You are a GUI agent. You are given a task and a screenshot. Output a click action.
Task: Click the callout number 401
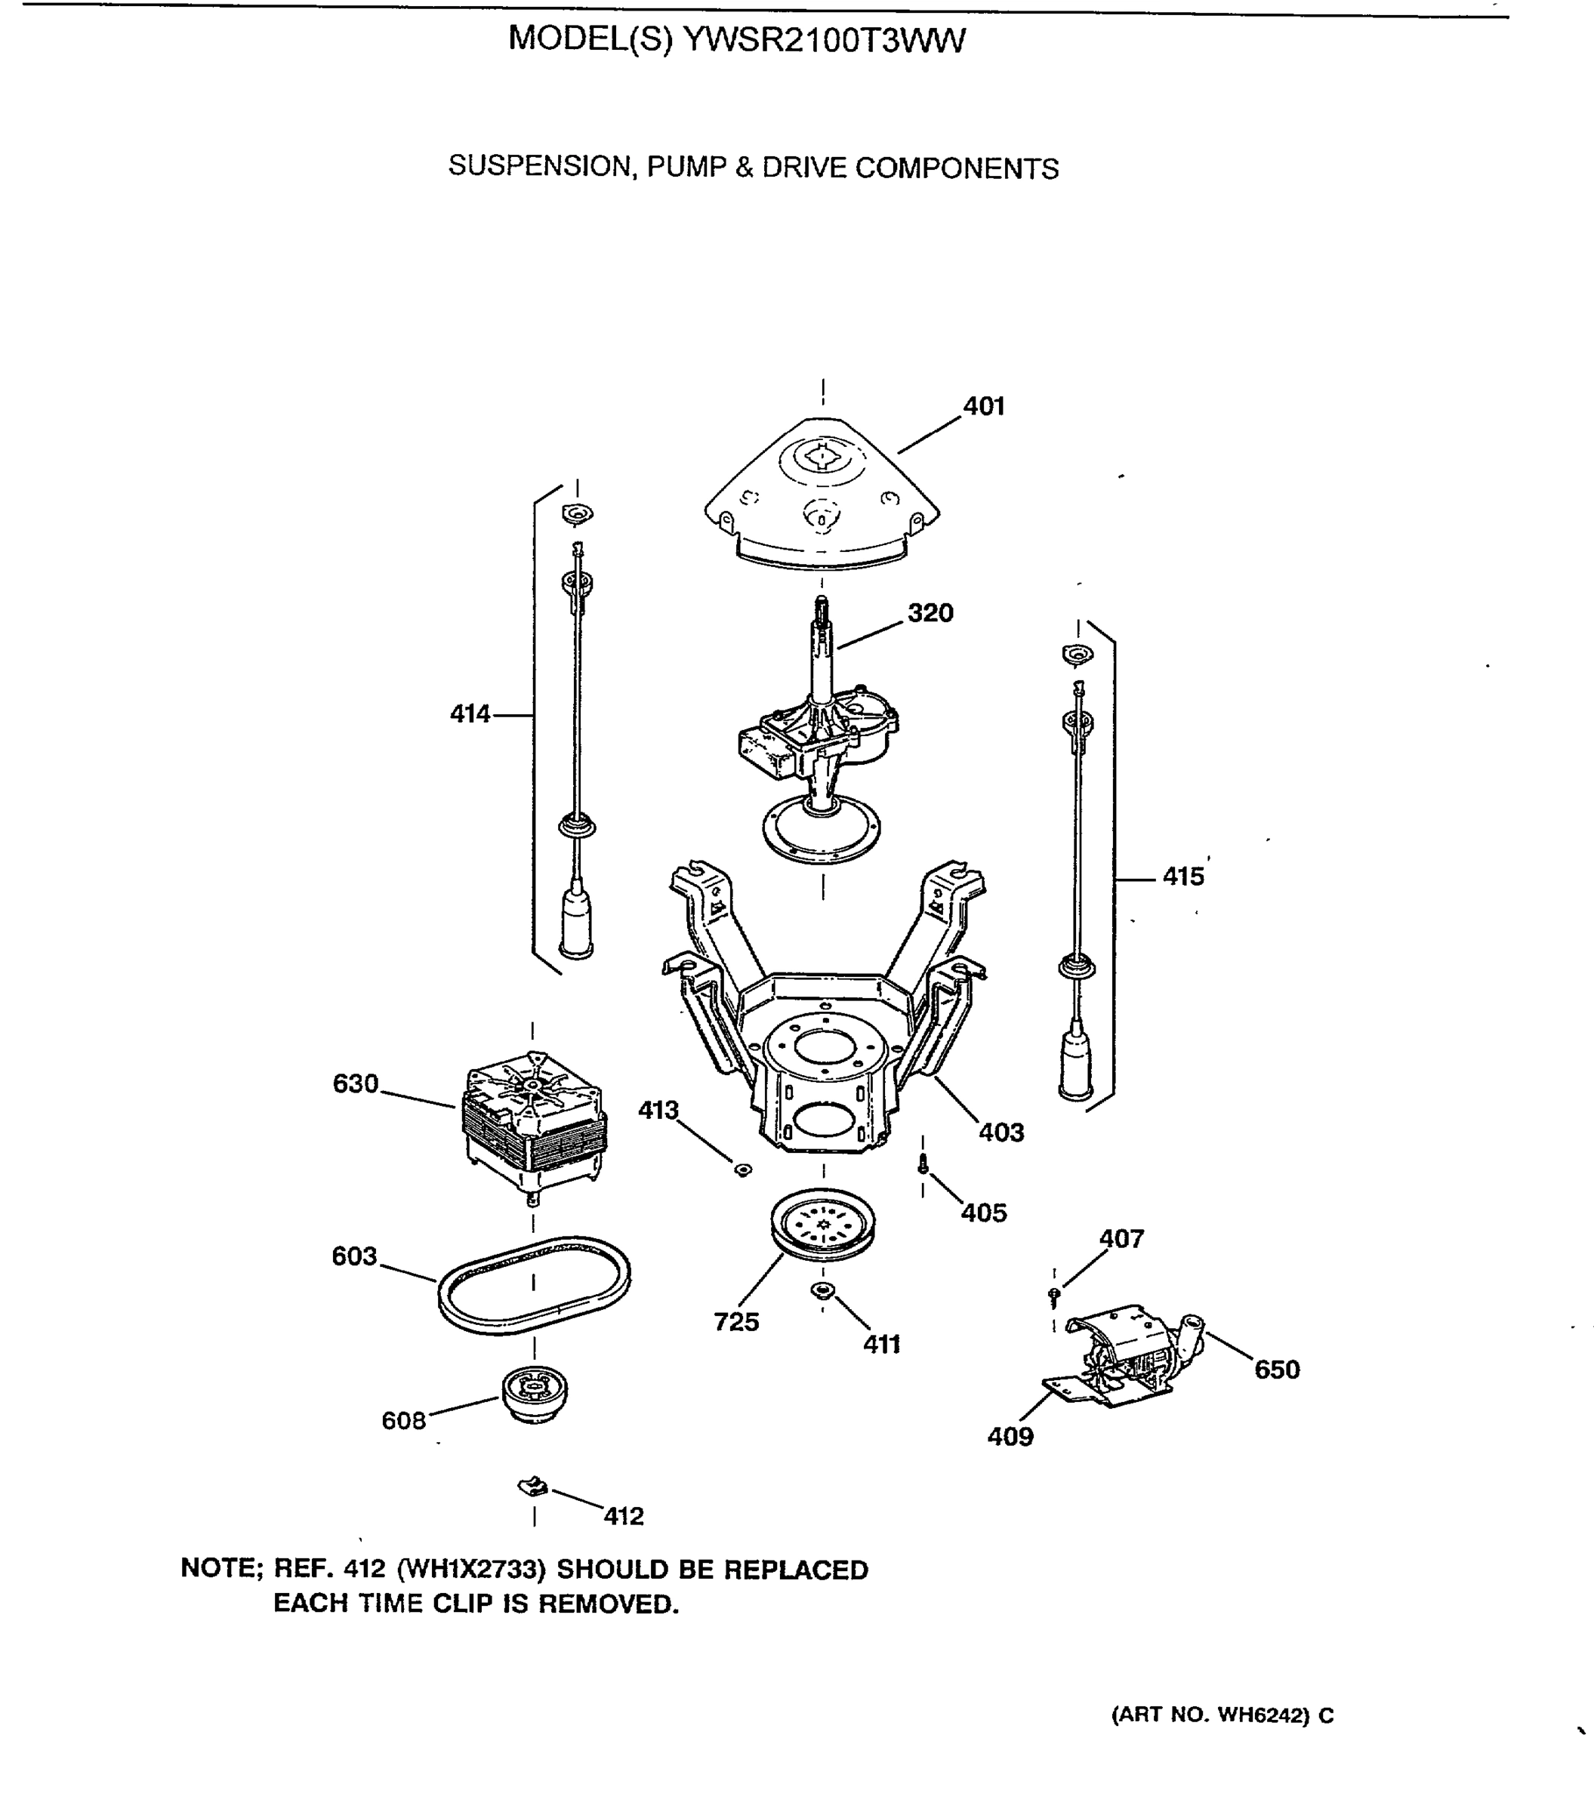(x=983, y=406)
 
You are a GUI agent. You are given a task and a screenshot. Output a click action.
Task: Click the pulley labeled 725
(x=823, y=1222)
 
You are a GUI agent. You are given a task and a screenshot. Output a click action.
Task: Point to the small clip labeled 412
(x=533, y=1487)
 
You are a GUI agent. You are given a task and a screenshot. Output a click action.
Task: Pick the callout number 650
(x=1277, y=1370)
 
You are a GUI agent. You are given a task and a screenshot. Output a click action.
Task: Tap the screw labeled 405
(x=923, y=1164)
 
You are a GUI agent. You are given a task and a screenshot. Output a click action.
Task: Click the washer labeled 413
(x=743, y=1170)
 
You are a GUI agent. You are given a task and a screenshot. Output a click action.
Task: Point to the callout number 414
(x=470, y=713)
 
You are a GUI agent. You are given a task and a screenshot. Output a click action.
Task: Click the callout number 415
(x=1182, y=877)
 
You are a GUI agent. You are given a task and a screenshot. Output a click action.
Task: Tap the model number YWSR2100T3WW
(x=825, y=41)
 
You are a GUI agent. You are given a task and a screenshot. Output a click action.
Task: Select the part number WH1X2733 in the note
(x=470, y=1570)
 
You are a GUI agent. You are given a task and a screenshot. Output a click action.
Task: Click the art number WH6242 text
(x=1261, y=1715)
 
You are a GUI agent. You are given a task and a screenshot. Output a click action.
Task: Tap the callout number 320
(x=930, y=612)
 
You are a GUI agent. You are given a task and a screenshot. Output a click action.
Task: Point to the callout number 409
(x=1010, y=1437)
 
